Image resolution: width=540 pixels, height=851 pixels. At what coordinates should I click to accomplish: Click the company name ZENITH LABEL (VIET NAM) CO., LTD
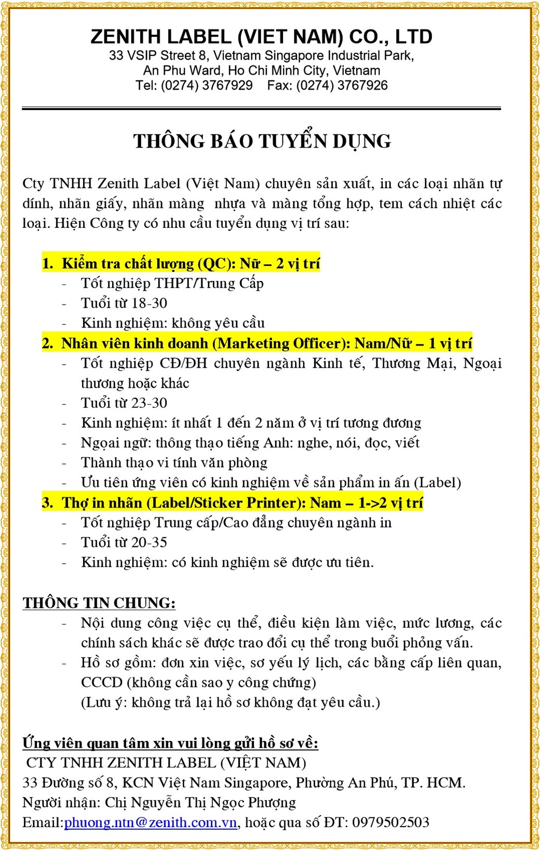coord(261,37)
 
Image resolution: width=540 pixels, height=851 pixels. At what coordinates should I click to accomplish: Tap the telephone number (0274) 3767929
coord(207,86)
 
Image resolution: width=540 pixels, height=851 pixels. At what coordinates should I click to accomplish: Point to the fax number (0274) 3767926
coord(342,86)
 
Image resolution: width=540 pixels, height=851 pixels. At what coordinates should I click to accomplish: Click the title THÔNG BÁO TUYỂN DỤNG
coord(262,141)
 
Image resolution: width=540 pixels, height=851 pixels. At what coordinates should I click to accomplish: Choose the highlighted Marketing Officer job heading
coord(258,344)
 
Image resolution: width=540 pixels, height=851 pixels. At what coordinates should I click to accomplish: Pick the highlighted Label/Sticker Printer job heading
coord(233,503)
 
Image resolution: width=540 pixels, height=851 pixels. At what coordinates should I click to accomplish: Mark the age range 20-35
coord(149,543)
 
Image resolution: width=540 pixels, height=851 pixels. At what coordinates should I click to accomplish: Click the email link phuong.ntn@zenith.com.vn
coord(151,823)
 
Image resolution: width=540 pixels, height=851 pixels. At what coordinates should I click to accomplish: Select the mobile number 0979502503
coord(390,823)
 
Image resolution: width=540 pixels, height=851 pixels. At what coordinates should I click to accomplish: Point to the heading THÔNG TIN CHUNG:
coord(99,603)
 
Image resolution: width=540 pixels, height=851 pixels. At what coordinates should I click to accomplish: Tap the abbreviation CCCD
coord(102,683)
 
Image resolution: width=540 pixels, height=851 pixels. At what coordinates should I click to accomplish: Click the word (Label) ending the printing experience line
coord(437,483)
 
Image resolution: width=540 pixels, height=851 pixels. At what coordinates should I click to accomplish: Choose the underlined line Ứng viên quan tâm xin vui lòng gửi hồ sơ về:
coord(170,744)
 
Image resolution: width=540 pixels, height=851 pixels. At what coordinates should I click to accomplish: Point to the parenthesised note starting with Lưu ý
coord(230,703)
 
